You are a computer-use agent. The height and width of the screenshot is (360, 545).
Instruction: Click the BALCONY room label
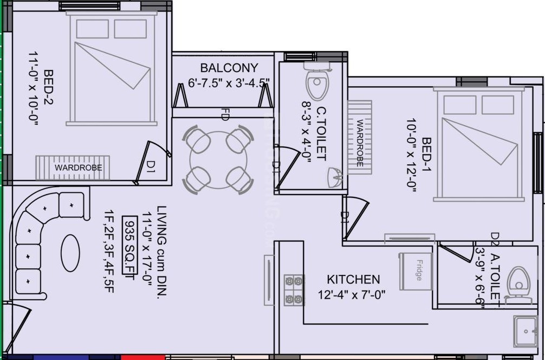click(x=229, y=67)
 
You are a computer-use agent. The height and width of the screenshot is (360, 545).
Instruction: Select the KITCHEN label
click(x=353, y=279)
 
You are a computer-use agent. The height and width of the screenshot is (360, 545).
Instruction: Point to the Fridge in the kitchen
click(x=416, y=271)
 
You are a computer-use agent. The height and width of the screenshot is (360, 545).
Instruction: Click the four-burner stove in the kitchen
click(x=294, y=290)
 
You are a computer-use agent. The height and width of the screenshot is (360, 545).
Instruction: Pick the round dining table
click(x=218, y=160)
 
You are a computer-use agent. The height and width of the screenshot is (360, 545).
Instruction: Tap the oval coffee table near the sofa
click(x=70, y=253)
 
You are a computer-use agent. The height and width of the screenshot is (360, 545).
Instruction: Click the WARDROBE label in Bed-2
click(x=78, y=168)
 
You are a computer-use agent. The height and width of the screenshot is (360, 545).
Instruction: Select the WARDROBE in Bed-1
click(x=360, y=138)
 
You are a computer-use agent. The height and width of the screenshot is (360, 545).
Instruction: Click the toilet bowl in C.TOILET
click(x=316, y=81)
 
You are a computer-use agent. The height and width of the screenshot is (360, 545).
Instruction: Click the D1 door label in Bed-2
click(x=151, y=166)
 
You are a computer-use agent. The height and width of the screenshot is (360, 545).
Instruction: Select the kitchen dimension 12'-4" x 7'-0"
click(x=352, y=295)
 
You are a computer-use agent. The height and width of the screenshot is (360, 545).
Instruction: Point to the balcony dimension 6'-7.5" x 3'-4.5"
click(x=229, y=83)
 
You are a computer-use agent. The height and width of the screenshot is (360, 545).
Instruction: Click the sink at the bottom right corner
click(x=525, y=331)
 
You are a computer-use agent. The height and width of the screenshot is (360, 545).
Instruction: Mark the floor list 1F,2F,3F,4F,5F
click(x=109, y=251)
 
